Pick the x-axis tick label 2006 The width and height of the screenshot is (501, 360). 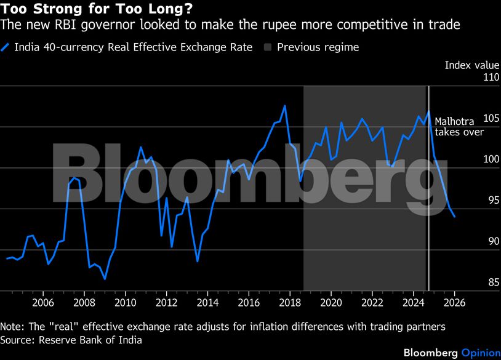click(43, 303)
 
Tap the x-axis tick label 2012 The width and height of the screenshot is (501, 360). click(167, 303)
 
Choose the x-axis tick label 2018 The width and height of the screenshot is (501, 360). click(290, 303)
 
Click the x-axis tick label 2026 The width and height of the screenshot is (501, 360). click(454, 303)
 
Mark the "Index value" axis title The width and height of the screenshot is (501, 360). click(470, 65)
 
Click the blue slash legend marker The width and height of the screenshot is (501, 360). click(6, 47)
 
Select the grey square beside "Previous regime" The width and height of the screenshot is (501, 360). click(268, 47)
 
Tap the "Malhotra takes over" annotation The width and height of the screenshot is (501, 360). click(459, 127)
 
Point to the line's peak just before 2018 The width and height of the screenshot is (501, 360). click(284, 106)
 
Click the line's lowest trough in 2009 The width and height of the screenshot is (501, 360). click(105, 279)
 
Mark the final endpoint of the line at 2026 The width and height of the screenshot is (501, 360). click(454, 217)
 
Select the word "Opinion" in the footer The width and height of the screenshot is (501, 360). click(480, 353)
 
